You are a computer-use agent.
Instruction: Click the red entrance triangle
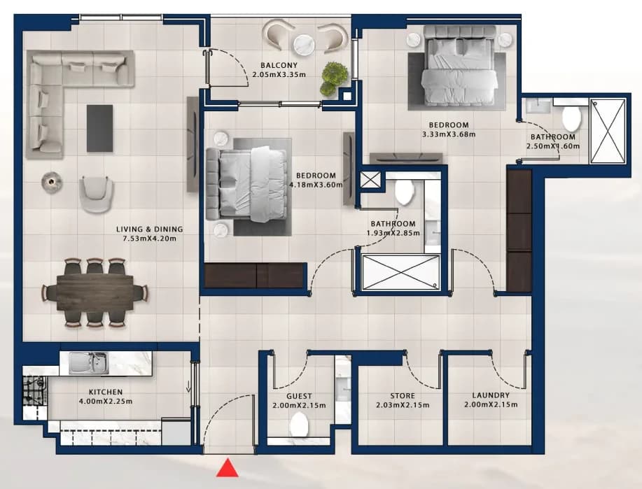(228, 468)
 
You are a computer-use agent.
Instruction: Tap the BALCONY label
(279, 65)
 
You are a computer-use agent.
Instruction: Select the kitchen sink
(88, 363)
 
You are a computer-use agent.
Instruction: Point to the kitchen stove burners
(34, 390)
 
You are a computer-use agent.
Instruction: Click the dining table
(95, 293)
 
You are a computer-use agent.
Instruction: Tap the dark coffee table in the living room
(99, 128)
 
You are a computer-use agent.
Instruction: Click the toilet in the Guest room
(298, 425)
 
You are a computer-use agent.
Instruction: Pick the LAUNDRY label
(491, 395)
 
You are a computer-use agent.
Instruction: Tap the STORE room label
(403, 396)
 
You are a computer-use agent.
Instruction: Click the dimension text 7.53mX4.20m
(149, 239)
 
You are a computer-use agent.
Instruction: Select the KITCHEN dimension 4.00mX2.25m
(106, 402)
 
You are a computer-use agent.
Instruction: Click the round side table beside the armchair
(52, 181)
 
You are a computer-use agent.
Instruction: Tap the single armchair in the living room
(96, 194)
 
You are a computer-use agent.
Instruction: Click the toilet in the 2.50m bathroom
(571, 119)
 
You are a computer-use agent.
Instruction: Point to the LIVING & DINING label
(149, 229)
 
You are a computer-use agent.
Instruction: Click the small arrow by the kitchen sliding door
(188, 386)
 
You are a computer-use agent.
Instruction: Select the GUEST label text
(299, 396)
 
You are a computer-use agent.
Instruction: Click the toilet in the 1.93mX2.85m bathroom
(404, 192)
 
